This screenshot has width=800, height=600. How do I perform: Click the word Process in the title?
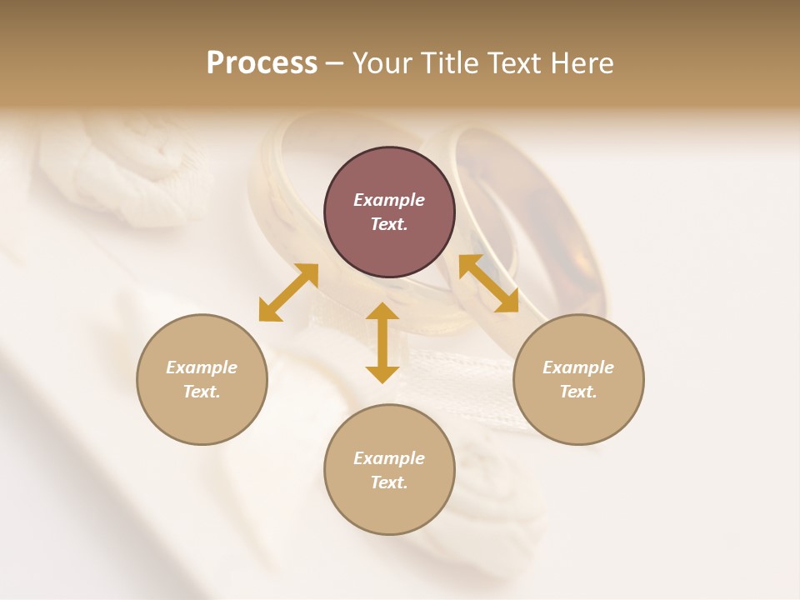[262, 63]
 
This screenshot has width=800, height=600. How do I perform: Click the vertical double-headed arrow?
[382, 342]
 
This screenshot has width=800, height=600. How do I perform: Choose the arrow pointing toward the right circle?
[488, 283]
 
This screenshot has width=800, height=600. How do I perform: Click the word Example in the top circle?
[389, 200]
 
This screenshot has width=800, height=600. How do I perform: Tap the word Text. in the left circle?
[202, 392]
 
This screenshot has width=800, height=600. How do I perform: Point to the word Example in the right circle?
[578, 367]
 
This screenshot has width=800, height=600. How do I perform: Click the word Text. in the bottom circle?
[389, 482]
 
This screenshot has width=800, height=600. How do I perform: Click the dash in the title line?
[335, 63]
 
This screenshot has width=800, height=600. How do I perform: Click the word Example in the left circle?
[202, 367]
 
